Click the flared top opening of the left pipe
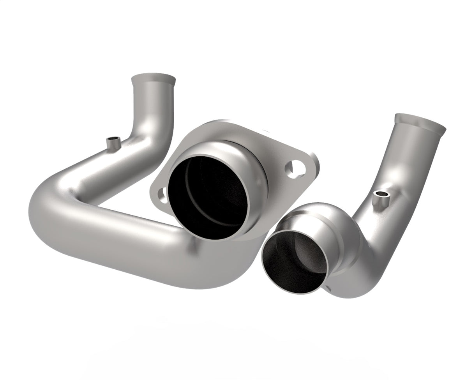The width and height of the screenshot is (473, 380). pyautogui.click(x=153, y=76)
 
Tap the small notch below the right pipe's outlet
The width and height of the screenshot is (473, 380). pyautogui.click(x=328, y=289)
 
